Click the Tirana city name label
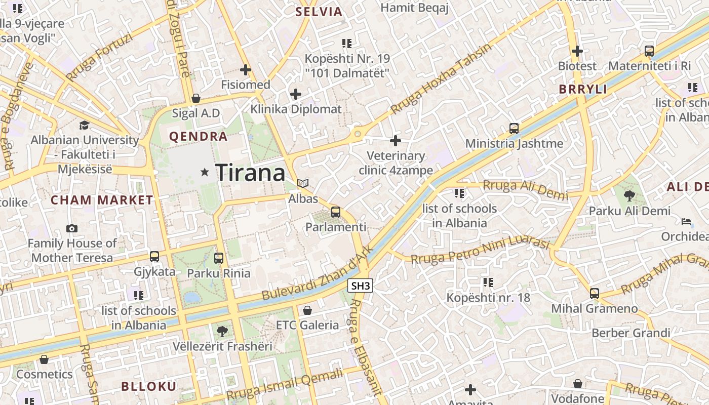click(251, 173)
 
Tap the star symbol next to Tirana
click(205, 173)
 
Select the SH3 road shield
click(361, 286)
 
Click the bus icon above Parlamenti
click(335, 212)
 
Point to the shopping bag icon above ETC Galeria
click(307, 310)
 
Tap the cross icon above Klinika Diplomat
click(296, 94)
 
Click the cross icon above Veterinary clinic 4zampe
click(396, 140)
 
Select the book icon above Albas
click(303, 184)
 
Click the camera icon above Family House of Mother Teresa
click(72, 228)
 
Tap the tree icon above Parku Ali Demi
click(629, 195)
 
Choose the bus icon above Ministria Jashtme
click(514, 128)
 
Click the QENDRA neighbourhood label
click(198, 137)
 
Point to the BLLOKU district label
click(148, 387)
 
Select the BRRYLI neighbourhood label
click(583, 89)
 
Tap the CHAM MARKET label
click(102, 200)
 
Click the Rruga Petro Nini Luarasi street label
click(480, 251)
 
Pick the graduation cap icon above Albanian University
click(85, 125)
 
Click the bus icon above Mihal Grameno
click(594, 293)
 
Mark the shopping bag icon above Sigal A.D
click(195, 98)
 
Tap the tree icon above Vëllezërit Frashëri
click(222, 332)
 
